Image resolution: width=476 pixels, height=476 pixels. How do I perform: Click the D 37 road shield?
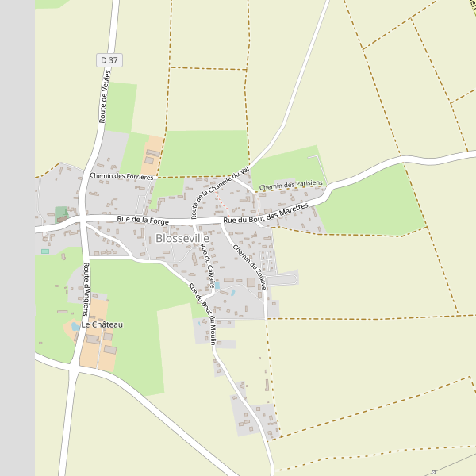109,60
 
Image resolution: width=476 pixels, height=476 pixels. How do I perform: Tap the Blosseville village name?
182,238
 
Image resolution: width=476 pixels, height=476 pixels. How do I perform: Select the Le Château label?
102,325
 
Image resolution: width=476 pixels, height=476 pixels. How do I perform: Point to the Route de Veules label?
104,96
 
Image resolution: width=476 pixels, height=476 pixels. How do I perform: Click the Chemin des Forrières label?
121,176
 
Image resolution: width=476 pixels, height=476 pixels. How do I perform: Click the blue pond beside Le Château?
75,326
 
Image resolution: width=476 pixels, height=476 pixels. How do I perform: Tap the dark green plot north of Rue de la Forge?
61,213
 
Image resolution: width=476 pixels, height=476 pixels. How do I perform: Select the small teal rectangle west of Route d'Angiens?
45,251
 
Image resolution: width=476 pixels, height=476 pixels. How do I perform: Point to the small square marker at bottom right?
433,472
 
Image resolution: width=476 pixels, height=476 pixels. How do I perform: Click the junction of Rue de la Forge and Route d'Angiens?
83,221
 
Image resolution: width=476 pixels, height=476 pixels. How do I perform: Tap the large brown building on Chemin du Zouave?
251,282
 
